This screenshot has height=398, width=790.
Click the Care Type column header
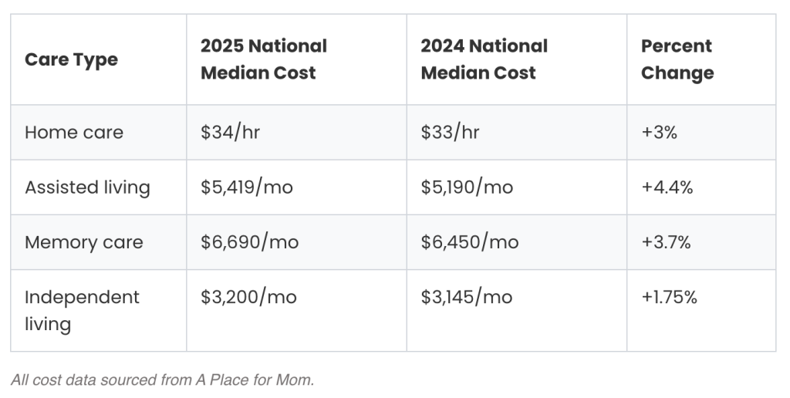(x=71, y=59)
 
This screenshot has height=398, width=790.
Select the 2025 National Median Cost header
(x=264, y=59)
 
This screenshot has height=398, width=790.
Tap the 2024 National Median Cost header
(x=484, y=59)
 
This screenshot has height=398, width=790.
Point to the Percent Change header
(x=677, y=59)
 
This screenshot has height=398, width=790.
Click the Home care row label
(x=74, y=132)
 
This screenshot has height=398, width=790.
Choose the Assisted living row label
(x=87, y=187)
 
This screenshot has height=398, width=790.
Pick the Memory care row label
(x=83, y=242)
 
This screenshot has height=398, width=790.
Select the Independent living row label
(x=82, y=310)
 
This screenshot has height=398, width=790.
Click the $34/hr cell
(x=230, y=132)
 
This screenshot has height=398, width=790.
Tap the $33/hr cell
(x=450, y=132)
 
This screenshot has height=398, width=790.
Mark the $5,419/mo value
(x=247, y=187)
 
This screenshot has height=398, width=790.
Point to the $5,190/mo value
(x=467, y=187)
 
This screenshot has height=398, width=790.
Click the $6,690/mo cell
(x=249, y=242)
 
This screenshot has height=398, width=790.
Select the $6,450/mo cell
(x=469, y=242)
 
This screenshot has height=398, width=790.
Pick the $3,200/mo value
(x=248, y=298)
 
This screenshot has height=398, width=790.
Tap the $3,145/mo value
(x=466, y=298)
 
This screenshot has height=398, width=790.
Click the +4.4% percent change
(x=667, y=187)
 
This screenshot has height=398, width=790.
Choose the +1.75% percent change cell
(x=669, y=298)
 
